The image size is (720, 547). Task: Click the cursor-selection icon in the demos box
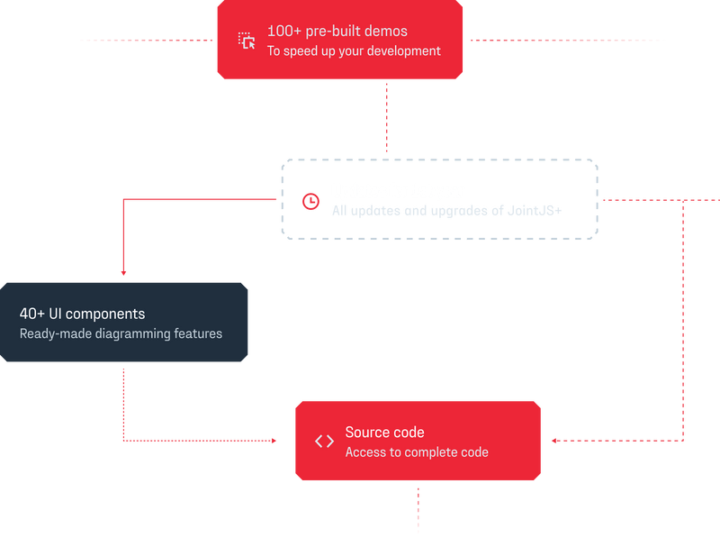[x=247, y=41]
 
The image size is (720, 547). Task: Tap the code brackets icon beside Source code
[x=324, y=441]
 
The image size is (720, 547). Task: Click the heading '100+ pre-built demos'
[x=337, y=31]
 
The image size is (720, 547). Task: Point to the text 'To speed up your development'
[x=354, y=51]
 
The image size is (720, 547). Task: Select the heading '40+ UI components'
[x=82, y=315]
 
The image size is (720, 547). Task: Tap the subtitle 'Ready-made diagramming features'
[x=121, y=333]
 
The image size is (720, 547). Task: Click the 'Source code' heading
[x=384, y=433]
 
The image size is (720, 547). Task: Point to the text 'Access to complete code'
[x=417, y=452]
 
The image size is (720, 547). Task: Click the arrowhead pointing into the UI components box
[x=122, y=272]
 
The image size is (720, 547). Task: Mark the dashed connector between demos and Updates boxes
[x=388, y=117]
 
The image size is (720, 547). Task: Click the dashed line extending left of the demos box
[x=148, y=40]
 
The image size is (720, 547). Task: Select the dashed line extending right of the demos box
[x=567, y=40]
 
